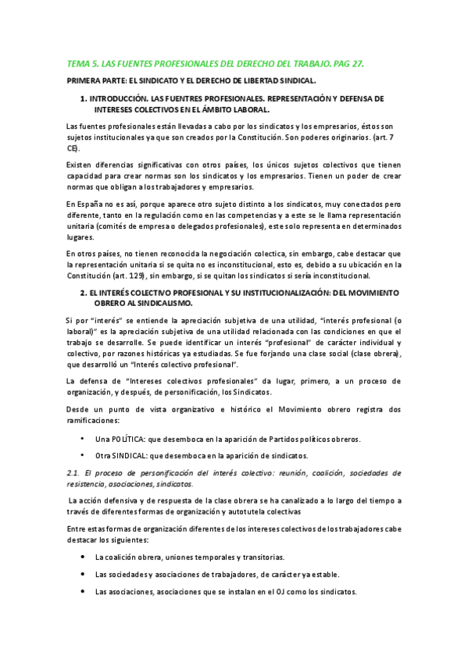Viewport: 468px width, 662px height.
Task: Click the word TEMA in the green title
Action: [78, 64]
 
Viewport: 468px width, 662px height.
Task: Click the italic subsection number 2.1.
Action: [74, 473]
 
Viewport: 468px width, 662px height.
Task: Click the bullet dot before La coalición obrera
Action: [84, 557]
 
